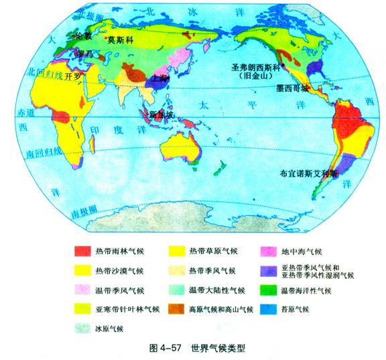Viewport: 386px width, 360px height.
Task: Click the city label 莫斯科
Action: [x=121, y=40]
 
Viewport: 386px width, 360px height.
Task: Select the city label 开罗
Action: [x=72, y=76]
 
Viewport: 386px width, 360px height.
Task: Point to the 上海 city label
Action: [x=160, y=78]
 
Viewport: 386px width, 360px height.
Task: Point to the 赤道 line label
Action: [x=25, y=114]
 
